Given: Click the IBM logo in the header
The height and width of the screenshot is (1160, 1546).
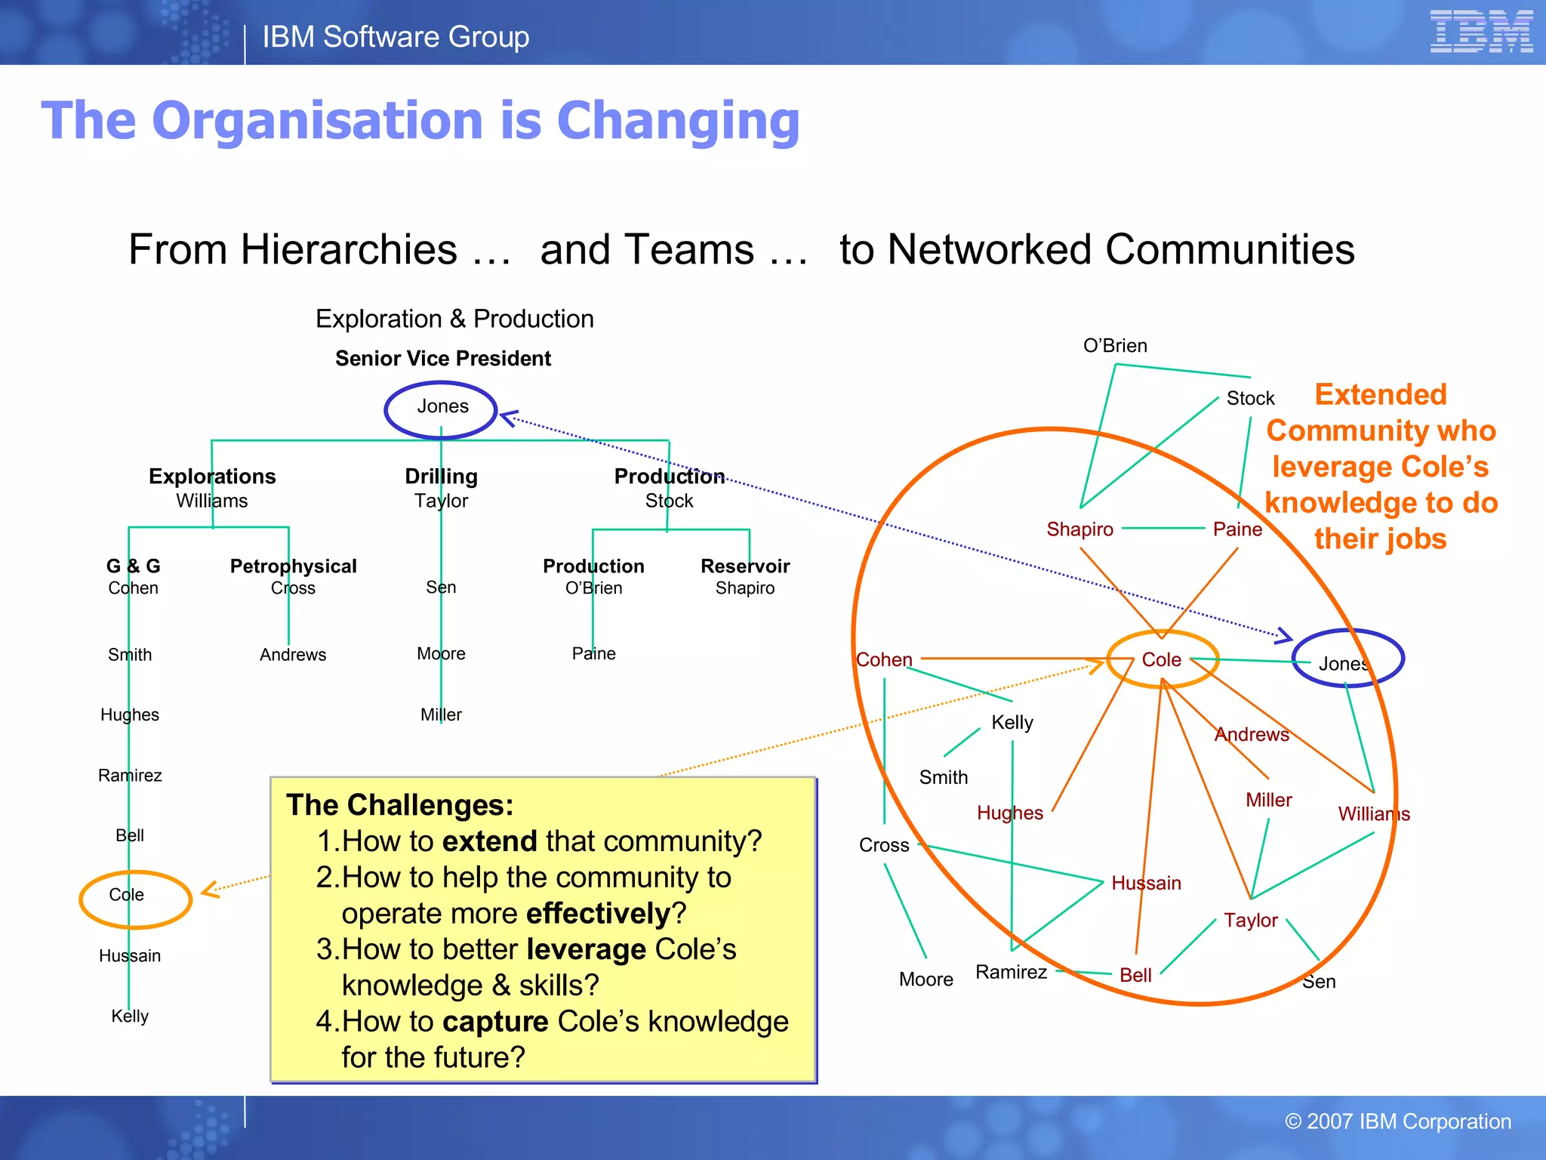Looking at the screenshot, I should [x=1480, y=32].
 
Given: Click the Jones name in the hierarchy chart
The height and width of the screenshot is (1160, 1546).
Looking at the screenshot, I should [x=442, y=406].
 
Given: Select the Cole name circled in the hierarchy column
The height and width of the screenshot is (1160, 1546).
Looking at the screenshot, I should [x=126, y=895].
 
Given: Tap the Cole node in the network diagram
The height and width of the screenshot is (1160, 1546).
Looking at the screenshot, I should [x=1161, y=660].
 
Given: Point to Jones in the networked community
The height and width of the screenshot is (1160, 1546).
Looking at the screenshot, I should [x=1344, y=664].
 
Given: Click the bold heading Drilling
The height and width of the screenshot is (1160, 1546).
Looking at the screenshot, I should [x=441, y=477].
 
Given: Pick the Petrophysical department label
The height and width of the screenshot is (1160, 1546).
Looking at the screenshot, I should [x=293, y=566].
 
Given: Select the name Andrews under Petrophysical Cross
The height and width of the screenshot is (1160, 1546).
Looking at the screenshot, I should [x=293, y=655].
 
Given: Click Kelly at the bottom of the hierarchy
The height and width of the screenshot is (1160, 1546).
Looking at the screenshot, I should [x=130, y=1016].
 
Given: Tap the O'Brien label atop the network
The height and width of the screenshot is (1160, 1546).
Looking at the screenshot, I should [x=1115, y=346].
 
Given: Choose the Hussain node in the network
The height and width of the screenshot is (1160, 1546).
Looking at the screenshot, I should [x=1146, y=883].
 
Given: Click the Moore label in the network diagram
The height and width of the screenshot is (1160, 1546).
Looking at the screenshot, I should [x=925, y=980].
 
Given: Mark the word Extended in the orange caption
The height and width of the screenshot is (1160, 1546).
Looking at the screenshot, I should [x=1380, y=395].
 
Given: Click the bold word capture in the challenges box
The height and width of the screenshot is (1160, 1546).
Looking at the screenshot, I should [x=495, y=1022].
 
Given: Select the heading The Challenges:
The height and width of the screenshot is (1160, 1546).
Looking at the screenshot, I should [x=399, y=805].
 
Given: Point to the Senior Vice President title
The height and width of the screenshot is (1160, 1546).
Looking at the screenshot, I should [x=443, y=359].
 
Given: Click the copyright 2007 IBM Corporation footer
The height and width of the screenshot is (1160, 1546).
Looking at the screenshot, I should [x=1397, y=1121].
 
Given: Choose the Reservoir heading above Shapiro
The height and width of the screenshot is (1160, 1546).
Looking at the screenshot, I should [x=744, y=566].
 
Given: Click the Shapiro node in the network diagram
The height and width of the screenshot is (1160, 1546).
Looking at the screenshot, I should [x=1079, y=529].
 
